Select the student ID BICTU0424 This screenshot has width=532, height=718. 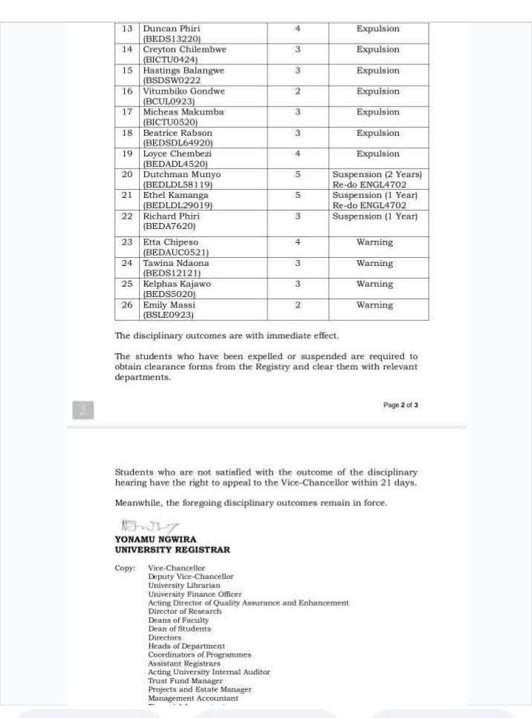(170, 59)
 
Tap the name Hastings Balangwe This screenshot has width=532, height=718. (183, 71)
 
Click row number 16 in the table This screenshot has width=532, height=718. (127, 92)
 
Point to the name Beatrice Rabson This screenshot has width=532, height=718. (177, 133)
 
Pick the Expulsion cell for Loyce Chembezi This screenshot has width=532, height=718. (378, 154)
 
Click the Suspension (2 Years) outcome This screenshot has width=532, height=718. (378, 175)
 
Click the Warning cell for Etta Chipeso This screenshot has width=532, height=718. (375, 242)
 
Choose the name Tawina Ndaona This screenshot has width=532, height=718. (176, 263)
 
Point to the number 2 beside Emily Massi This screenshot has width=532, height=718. (298, 305)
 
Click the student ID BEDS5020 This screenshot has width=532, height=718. (169, 294)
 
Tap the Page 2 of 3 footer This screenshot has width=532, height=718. (400, 405)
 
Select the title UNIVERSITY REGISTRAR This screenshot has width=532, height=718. (172, 550)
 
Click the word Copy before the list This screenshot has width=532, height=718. (124, 568)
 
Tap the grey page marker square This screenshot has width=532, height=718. (83, 410)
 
